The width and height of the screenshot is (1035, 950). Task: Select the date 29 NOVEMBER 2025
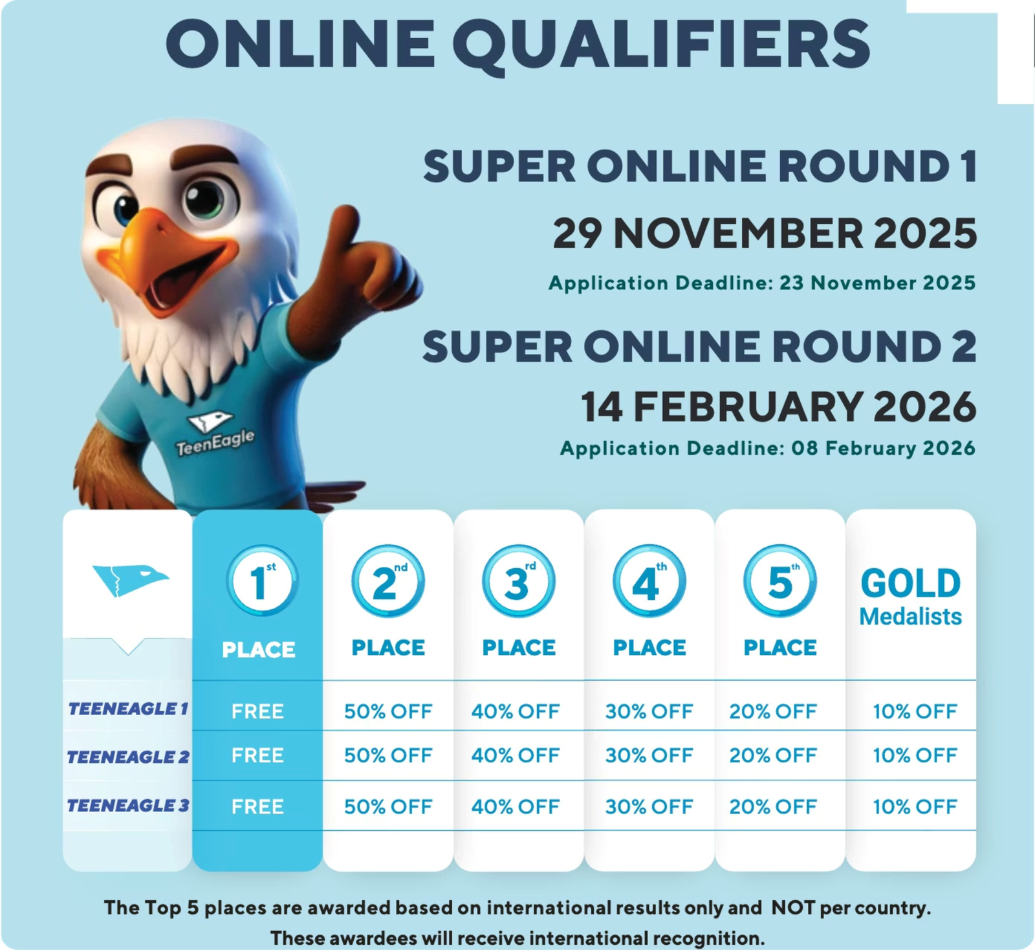[765, 234]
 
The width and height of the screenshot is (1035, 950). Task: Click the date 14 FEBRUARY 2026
[778, 407]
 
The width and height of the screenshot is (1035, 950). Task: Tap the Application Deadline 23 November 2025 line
[762, 283]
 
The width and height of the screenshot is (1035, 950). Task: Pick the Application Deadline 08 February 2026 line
[768, 448]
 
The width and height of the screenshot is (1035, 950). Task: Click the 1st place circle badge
[262, 580]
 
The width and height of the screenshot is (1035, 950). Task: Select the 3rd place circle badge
[518, 580]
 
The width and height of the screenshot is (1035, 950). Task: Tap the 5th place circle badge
[779, 580]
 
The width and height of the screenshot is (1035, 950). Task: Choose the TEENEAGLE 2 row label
[128, 757]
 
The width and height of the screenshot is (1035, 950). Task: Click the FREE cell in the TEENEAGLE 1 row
[257, 712]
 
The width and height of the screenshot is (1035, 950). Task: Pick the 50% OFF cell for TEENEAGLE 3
[388, 807]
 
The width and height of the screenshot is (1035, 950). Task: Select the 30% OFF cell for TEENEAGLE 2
[649, 755]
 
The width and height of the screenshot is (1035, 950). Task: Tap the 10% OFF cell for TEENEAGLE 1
[915, 712]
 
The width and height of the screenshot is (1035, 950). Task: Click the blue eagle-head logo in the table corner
[129, 579]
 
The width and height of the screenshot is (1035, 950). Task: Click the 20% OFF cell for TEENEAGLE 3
[773, 807]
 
